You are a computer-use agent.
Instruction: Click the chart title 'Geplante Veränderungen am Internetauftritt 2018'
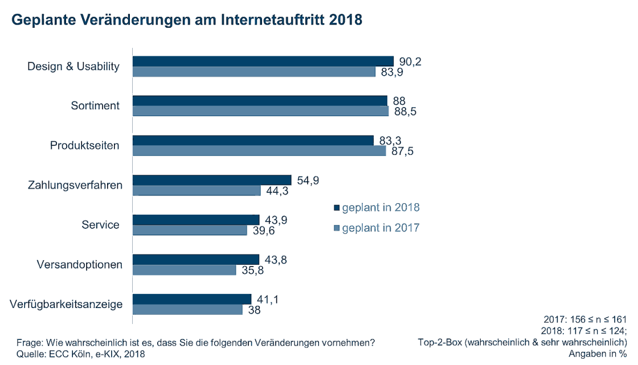pyautogui.click(x=187, y=20)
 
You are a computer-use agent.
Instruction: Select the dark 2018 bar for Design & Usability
pyautogui.click(x=263, y=61)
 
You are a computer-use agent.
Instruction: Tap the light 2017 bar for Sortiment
pyautogui.click(x=260, y=111)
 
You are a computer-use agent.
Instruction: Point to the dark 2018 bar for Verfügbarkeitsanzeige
pyautogui.click(x=191, y=299)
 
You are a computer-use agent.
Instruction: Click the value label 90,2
pyautogui.click(x=410, y=61)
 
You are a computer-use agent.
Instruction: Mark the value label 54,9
pyautogui.click(x=308, y=181)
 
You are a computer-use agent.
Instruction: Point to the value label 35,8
pyautogui.click(x=253, y=270)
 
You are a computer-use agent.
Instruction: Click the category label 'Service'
pyautogui.click(x=101, y=224)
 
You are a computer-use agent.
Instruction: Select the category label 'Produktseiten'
pyautogui.click(x=84, y=145)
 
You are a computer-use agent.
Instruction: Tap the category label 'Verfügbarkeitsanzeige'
pyautogui.click(x=66, y=304)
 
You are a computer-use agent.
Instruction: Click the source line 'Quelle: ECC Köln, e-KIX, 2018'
pyautogui.click(x=80, y=354)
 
